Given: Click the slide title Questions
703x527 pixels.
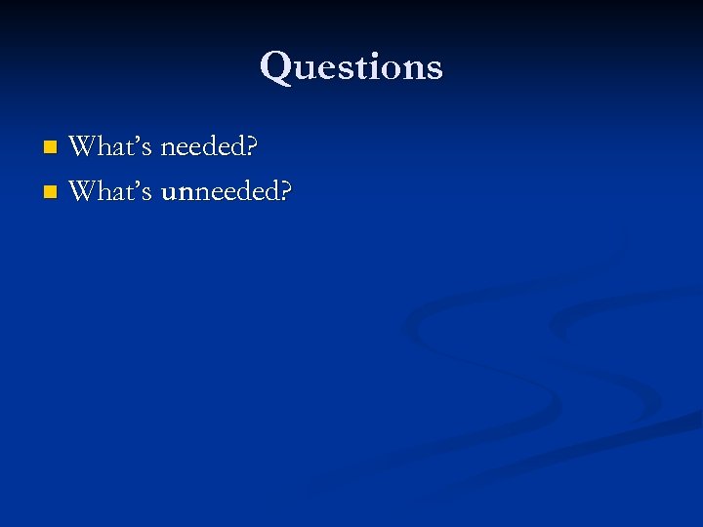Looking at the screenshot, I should tap(351, 66).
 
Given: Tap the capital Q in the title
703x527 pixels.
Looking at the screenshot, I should tap(276, 66).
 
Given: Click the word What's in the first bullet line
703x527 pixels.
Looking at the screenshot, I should tap(110, 147).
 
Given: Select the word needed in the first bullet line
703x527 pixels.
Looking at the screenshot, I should tap(202, 147).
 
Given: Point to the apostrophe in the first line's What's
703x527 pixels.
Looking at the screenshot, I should tap(135, 139).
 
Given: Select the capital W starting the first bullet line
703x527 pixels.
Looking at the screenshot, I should tap(82, 147).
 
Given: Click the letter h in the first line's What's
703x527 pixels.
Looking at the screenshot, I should tap(103, 147).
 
